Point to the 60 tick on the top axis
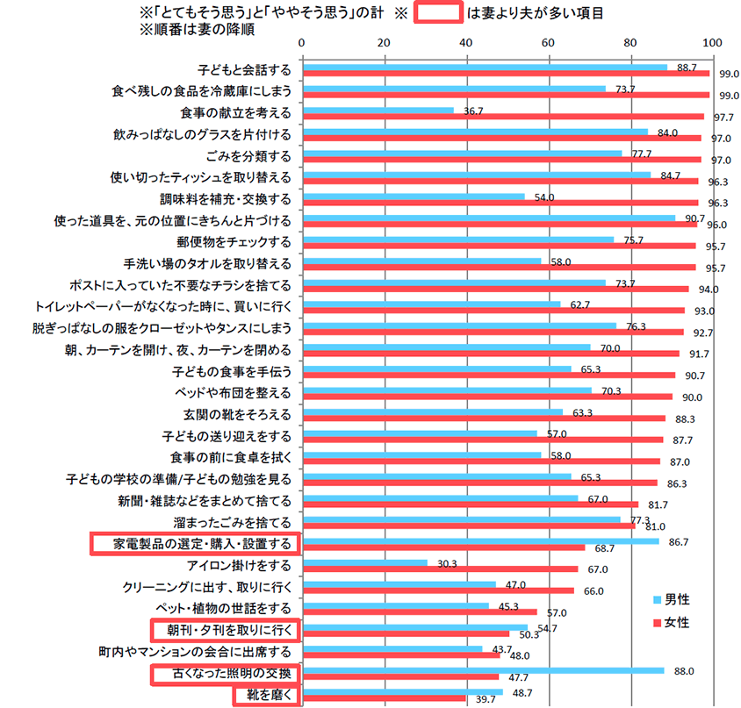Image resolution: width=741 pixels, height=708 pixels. (548, 42)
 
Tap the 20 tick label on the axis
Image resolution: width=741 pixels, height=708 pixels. (384, 42)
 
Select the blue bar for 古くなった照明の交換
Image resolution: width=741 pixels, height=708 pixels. (483, 670)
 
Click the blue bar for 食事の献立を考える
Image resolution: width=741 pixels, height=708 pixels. (378, 111)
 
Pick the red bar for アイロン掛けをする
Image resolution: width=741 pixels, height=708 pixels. (440, 569)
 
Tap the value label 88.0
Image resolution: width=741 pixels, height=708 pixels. (684, 670)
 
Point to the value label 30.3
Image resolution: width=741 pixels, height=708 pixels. (448, 563)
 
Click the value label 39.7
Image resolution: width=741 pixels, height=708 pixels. (486, 699)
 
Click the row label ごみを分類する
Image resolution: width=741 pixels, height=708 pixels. (248, 155)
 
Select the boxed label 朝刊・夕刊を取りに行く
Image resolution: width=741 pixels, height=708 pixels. (223, 630)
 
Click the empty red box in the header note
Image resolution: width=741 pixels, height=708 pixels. (437, 13)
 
